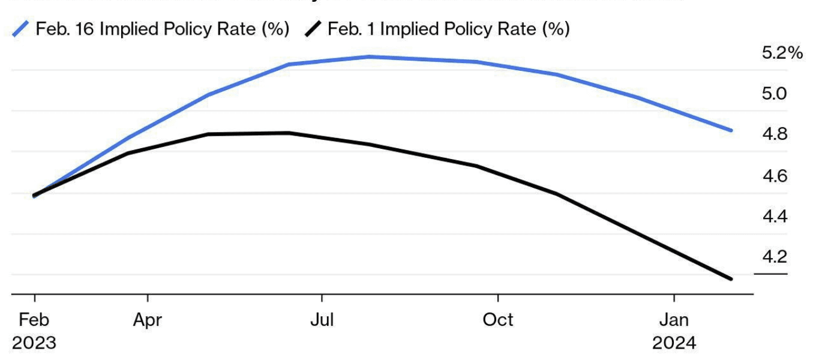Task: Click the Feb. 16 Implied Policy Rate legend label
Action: point(163,29)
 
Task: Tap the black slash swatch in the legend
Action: point(313,29)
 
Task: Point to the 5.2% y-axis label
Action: point(782,53)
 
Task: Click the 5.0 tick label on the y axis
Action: point(774,94)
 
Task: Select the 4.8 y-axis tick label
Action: point(774,134)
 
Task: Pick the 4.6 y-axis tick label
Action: point(774,176)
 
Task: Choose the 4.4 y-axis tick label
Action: point(774,217)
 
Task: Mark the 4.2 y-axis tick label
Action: point(774,257)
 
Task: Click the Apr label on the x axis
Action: point(147,320)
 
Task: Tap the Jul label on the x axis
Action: point(322,320)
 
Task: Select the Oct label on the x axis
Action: point(497,320)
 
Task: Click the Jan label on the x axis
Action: point(674,320)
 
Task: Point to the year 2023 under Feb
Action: point(34,343)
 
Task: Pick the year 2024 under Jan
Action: point(674,343)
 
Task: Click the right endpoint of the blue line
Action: point(731,130)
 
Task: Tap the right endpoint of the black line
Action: point(731,279)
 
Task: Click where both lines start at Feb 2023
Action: point(34,196)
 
